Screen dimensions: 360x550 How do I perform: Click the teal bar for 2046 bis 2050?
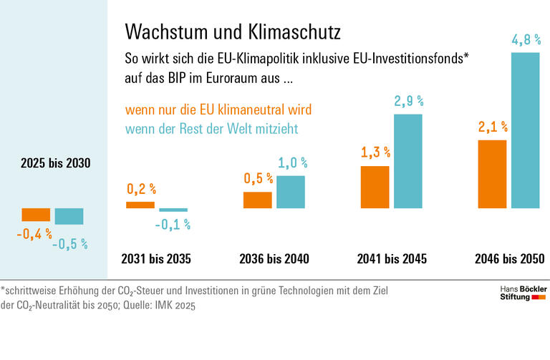click(x=525, y=130)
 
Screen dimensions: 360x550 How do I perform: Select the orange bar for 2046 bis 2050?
click(x=492, y=174)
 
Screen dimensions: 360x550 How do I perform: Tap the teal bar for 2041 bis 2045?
click(x=408, y=161)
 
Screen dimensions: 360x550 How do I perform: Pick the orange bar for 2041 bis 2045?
click(x=375, y=187)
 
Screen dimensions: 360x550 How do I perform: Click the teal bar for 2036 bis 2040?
click(x=291, y=192)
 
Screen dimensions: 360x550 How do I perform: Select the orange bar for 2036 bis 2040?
click(x=258, y=200)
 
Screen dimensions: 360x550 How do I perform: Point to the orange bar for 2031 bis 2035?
click(x=140, y=205)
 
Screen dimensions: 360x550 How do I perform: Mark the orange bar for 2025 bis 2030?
click(x=36, y=214)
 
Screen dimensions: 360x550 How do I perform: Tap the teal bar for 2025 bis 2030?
click(x=69, y=216)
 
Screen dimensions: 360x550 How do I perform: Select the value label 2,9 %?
click(x=408, y=102)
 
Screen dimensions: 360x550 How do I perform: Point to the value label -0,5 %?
click(x=69, y=243)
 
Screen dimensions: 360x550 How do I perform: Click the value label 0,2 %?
click(x=141, y=190)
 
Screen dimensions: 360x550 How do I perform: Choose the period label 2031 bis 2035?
click(x=156, y=258)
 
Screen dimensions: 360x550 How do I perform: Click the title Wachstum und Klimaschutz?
click(x=233, y=31)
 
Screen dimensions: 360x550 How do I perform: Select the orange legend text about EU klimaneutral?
click(x=218, y=111)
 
